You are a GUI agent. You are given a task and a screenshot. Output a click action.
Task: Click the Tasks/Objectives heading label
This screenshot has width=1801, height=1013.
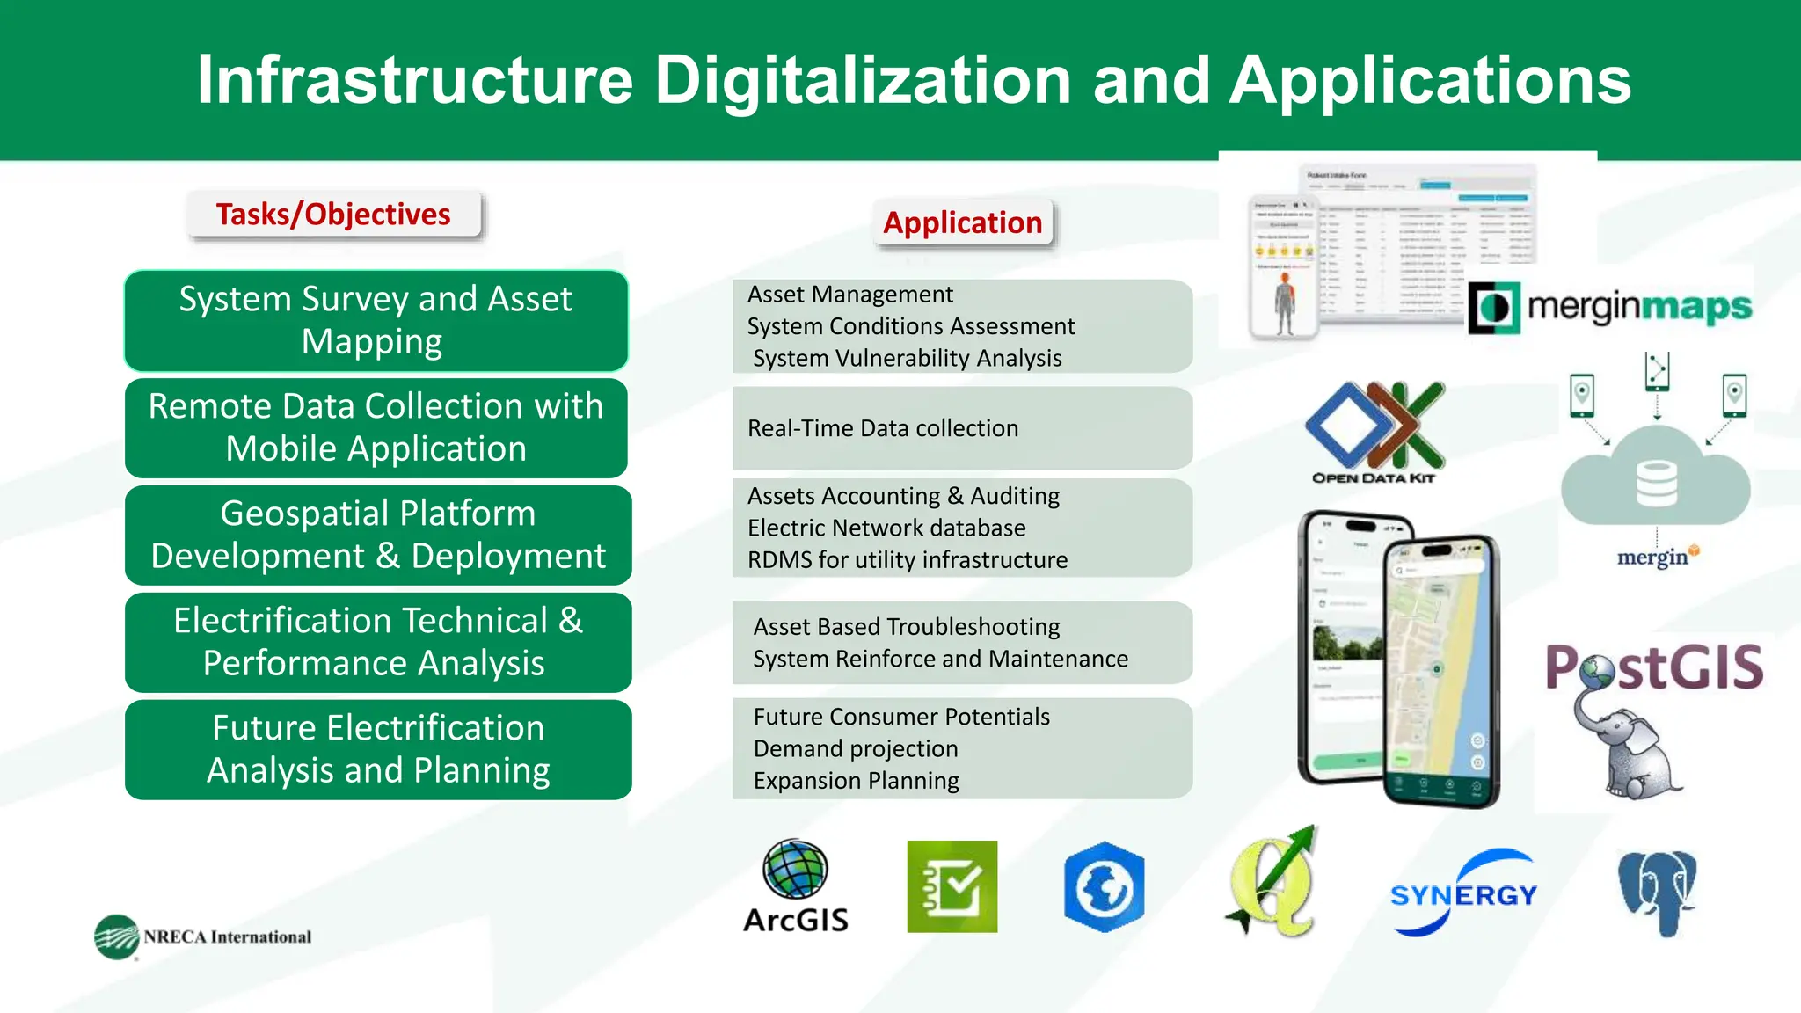333,215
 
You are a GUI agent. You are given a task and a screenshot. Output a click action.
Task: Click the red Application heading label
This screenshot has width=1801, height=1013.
962,222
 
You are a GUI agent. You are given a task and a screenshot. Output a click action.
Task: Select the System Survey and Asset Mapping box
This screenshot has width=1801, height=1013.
376,320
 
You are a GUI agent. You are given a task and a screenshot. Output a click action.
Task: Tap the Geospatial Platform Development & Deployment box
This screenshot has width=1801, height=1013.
377,535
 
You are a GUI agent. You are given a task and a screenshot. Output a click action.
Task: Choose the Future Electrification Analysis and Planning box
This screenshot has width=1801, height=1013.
377,749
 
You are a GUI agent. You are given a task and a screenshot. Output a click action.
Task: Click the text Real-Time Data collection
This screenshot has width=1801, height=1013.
882,428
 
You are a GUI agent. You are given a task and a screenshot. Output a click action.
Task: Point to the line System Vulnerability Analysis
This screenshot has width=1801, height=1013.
907,359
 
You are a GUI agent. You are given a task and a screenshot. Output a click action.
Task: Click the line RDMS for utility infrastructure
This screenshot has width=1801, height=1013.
907,560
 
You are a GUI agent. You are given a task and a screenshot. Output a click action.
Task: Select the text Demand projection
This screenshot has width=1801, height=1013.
855,749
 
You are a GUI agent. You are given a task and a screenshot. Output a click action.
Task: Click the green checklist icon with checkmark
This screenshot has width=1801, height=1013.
952,886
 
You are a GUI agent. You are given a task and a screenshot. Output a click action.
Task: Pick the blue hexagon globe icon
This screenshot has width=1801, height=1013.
1104,887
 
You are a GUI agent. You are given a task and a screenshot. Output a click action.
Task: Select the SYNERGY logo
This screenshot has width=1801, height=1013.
1462,894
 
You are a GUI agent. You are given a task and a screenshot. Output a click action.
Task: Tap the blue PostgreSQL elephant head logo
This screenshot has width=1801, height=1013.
1657,890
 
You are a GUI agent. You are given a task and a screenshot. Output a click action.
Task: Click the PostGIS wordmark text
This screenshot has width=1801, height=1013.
1653,667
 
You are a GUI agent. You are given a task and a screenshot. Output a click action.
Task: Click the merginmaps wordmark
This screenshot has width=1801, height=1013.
1637,307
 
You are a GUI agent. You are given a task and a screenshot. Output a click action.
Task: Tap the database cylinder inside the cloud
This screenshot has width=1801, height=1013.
1656,484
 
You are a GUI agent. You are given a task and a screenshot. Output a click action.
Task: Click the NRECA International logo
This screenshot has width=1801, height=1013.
203,936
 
